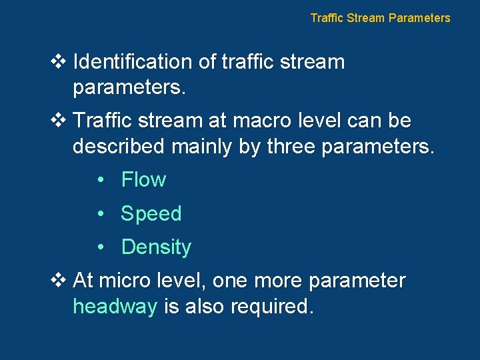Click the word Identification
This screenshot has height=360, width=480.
point(133,62)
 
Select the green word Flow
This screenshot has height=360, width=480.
point(143,179)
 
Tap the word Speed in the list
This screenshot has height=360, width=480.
point(151,213)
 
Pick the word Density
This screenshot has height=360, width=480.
point(156,247)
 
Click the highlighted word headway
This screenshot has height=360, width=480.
point(115,307)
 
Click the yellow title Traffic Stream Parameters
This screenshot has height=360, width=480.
point(380,18)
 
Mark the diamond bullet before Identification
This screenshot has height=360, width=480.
point(58,62)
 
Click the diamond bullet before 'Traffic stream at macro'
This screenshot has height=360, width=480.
point(58,121)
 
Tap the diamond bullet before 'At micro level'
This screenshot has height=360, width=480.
point(58,281)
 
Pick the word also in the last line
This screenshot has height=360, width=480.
point(206,307)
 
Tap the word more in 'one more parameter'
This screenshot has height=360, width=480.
point(272,281)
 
